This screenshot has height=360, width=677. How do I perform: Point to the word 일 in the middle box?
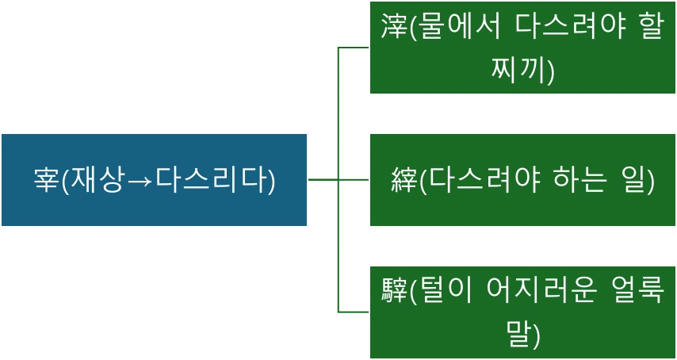pos(636,180)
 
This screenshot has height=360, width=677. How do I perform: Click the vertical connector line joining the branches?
pos(339,238)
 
